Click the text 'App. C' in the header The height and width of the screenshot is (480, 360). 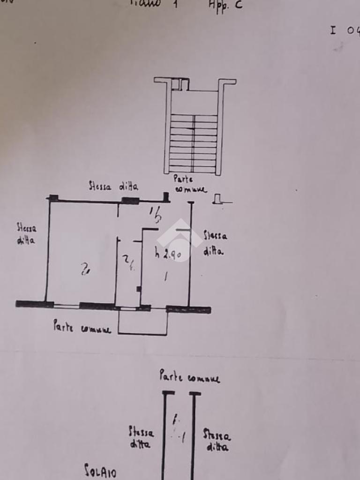225,6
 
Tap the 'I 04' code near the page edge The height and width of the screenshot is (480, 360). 345,30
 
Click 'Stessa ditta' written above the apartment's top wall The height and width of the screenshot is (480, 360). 113,186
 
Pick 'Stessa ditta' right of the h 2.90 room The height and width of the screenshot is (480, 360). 215,243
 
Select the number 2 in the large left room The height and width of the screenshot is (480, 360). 85,269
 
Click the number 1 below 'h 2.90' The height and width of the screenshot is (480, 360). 165,277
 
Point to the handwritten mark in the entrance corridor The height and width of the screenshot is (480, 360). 155,215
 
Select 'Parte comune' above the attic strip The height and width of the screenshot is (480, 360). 189,376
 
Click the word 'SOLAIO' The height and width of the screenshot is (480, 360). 100,470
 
